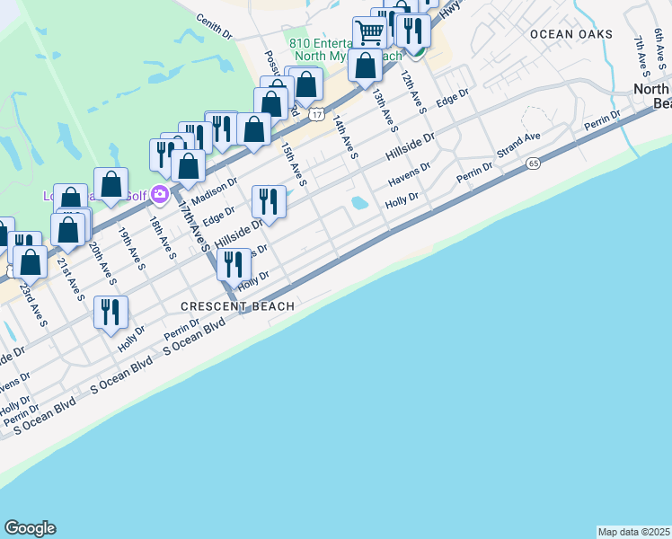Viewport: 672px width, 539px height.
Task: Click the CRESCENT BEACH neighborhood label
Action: (x=238, y=306)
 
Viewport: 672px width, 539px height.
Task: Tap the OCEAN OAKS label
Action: (x=571, y=34)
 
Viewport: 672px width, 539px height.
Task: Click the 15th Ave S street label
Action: (x=294, y=163)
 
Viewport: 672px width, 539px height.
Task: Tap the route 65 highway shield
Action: (x=534, y=163)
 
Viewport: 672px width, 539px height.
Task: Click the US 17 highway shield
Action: (x=317, y=115)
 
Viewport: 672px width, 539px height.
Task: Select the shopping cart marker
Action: (x=368, y=33)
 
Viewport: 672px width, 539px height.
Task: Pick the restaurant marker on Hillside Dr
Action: (x=269, y=202)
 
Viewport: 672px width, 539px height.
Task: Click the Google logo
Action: (x=30, y=528)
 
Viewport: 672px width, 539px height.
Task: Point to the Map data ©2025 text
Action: (x=634, y=532)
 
